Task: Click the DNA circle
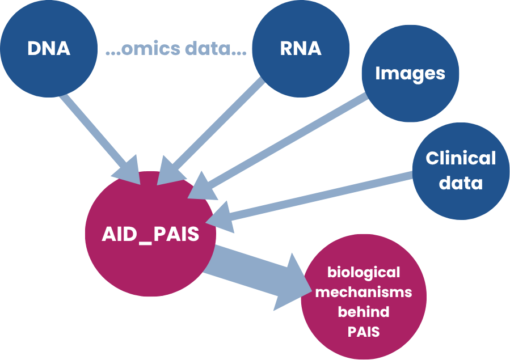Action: (49, 49)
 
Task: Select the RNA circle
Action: (301, 49)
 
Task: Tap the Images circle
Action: (411, 74)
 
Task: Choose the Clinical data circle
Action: (461, 171)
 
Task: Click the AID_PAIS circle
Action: (150, 234)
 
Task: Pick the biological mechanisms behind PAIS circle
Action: (364, 297)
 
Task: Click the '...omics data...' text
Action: (176, 48)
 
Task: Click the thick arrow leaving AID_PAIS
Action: (257, 278)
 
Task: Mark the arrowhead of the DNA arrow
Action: (128, 171)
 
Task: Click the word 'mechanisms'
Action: (364, 292)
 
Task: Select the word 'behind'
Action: (364, 312)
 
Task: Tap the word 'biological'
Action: (364, 273)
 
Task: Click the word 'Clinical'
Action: (461, 158)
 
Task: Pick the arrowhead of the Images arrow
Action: (201, 188)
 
